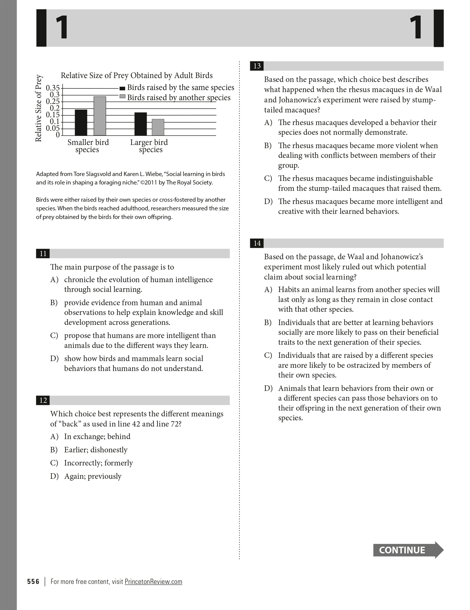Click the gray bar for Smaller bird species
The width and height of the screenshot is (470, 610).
click(x=100, y=116)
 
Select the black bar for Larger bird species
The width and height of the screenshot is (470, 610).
click(x=140, y=124)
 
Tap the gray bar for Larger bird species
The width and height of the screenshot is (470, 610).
click(x=158, y=127)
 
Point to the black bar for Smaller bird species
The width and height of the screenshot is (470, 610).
click(x=81, y=123)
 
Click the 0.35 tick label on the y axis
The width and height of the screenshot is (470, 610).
click(x=53, y=88)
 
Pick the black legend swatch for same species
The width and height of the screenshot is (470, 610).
click(x=122, y=88)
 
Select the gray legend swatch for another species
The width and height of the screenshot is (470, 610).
click(x=122, y=96)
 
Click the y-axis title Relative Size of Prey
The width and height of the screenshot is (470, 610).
click(x=38, y=108)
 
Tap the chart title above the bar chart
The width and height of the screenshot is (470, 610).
click(x=137, y=76)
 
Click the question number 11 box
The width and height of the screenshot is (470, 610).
click(x=43, y=254)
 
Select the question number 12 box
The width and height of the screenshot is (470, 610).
click(x=43, y=400)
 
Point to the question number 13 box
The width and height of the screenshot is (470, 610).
click(x=257, y=66)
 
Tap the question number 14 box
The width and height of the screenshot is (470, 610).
click(x=257, y=243)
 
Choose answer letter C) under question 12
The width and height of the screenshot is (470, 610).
click(x=54, y=463)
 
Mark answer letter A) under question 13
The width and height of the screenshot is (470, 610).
click(x=268, y=123)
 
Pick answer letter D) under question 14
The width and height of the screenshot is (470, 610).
click(x=268, y=388)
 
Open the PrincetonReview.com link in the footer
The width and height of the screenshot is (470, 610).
click(x=153, y=582)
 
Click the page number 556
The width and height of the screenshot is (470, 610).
click(x=33, y=582)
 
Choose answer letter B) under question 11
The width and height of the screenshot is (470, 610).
click(x=54, y=303)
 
